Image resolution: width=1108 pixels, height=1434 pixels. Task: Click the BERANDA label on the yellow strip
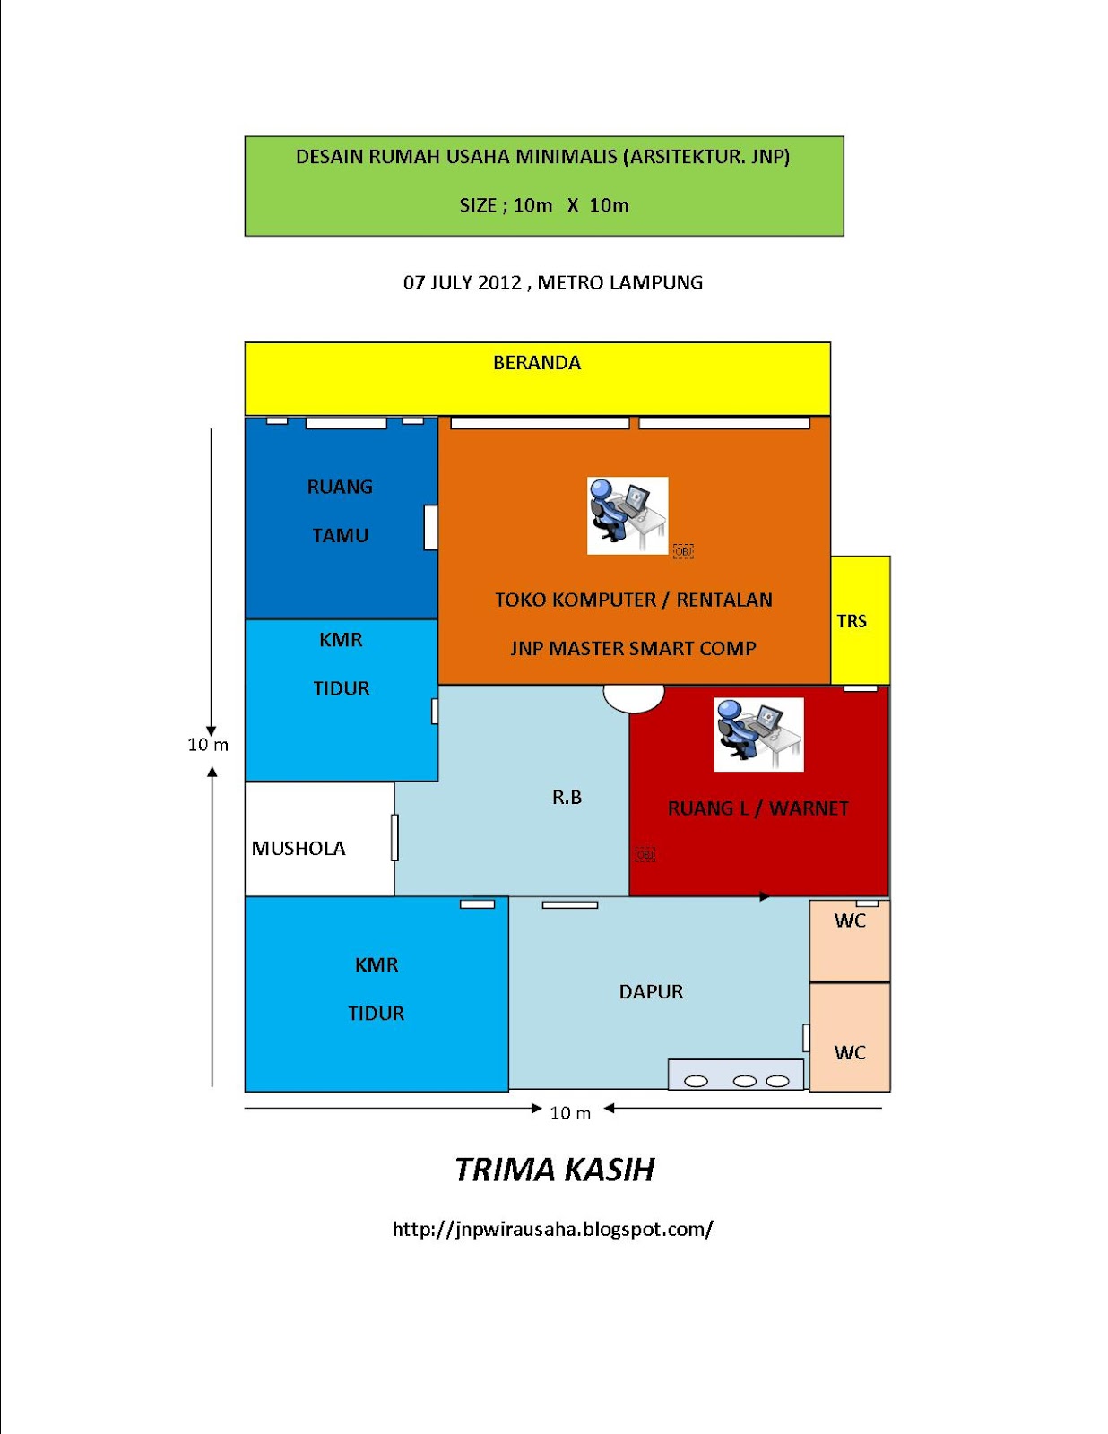(x=537, y=363)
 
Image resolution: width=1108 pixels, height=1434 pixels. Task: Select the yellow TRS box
(x=860, y=620)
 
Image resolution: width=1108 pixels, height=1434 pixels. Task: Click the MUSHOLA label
(x=299, y=848)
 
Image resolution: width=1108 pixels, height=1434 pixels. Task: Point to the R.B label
(x=567, y=797)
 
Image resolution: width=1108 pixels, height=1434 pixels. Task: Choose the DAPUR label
(x=651, y=991)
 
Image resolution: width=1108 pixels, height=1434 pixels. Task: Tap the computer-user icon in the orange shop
(x=628, y=515)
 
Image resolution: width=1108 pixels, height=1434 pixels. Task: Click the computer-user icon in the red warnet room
(x=758, y=734)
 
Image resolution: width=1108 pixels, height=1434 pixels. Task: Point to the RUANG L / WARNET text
(x=757, y=808)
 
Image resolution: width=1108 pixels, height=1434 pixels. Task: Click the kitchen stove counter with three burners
(x=735, y=1075)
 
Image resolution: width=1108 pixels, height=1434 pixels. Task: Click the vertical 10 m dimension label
(x=208, y=745)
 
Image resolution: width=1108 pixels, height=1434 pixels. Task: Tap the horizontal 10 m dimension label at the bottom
(x=570, y=1113)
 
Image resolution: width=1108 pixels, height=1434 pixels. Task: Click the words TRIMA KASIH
(x=555, y=1170)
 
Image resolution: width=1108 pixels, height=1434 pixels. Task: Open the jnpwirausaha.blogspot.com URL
(x=552, y=1229)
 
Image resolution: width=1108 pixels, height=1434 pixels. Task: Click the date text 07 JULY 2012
(x=462, y=283)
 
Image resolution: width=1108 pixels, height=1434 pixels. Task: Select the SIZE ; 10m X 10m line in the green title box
(x=544, y=205)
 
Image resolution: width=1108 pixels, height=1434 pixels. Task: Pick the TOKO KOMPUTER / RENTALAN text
(x=634, y=600)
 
